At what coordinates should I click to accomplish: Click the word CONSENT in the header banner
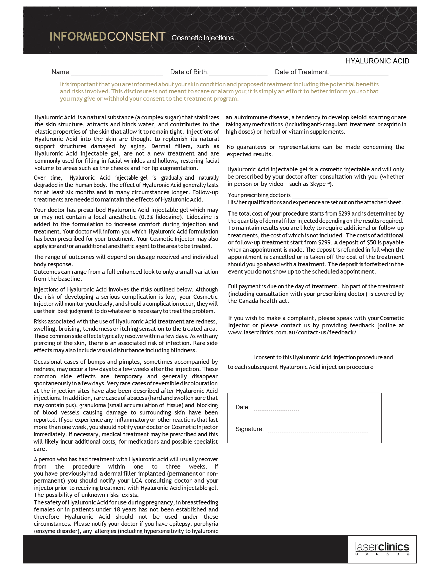point(136,37)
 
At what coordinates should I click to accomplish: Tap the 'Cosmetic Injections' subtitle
point(202,38)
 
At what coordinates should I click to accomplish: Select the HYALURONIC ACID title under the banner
point(377,61)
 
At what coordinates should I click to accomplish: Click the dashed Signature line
point(318,431)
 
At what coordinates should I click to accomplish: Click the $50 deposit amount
point(371,242)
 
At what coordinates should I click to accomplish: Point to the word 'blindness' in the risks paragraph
point(183,350)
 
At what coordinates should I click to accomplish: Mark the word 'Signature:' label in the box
point(249,429)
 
